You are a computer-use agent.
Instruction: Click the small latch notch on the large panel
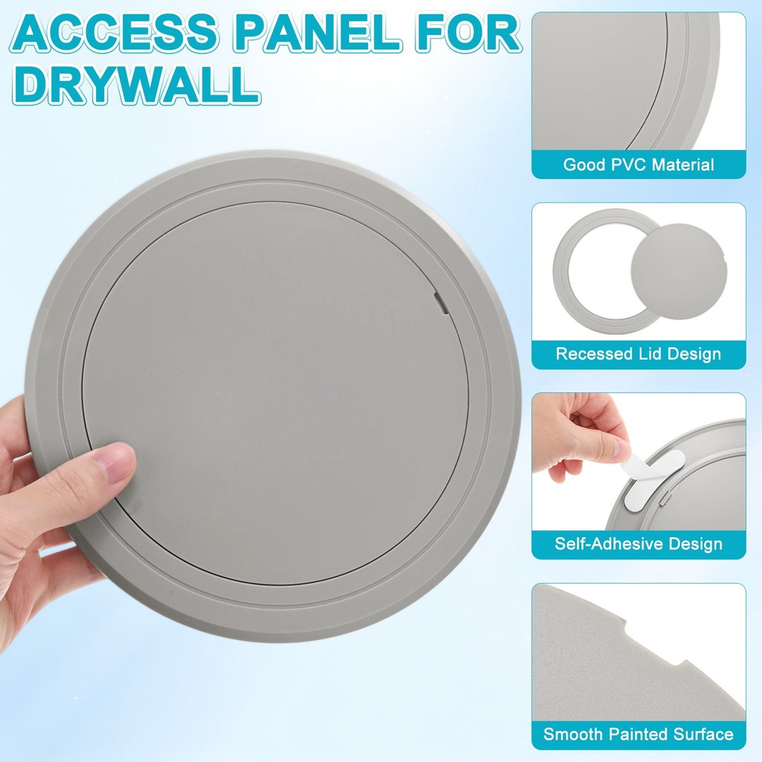pyautogui.click(x=440, y=303)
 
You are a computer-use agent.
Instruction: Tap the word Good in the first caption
pyautogui.click(x=580, y=165)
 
